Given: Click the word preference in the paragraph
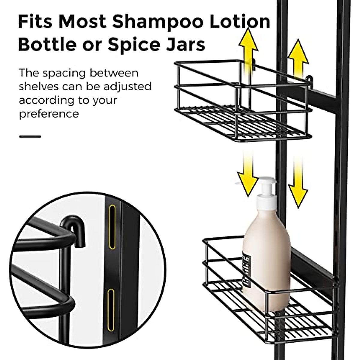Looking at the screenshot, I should [49, 114].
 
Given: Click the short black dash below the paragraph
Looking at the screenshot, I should [30, 136].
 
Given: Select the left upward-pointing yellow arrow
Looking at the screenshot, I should [248, 54].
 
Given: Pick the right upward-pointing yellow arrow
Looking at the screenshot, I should [298, 60].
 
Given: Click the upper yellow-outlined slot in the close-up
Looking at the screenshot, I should [112, 227].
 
